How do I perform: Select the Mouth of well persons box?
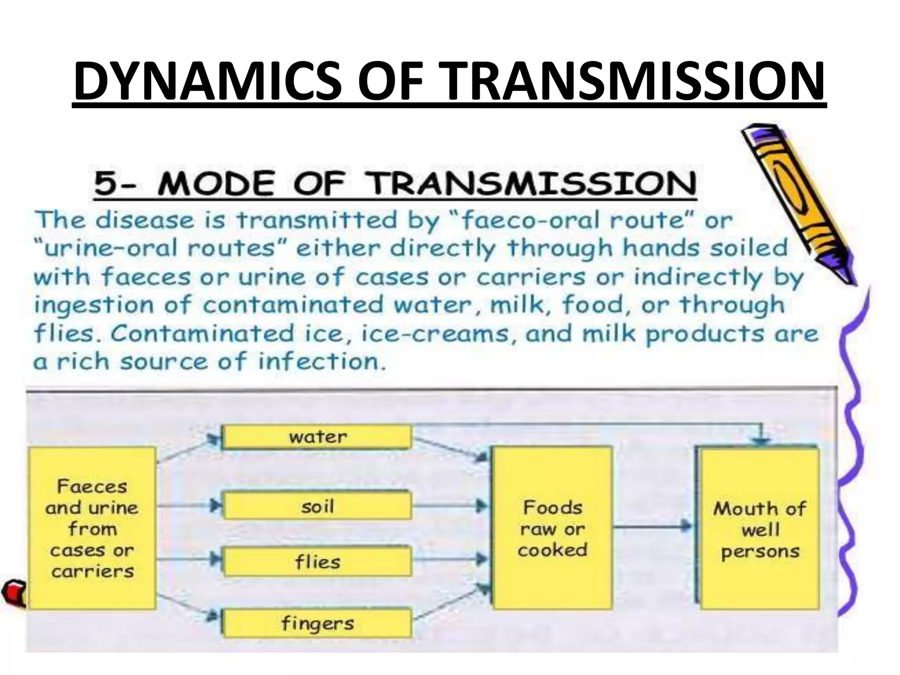pos(759,529)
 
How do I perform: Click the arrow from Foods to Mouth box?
pos(653,526)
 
